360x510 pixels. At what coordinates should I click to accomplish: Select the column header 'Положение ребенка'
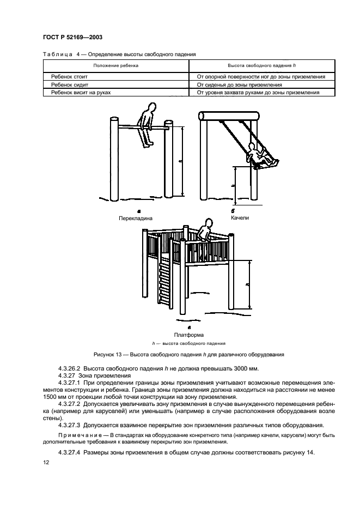coord(115,65)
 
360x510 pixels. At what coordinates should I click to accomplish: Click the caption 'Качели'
coord(240,217)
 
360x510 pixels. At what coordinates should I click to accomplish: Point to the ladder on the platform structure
coord(163,283)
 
